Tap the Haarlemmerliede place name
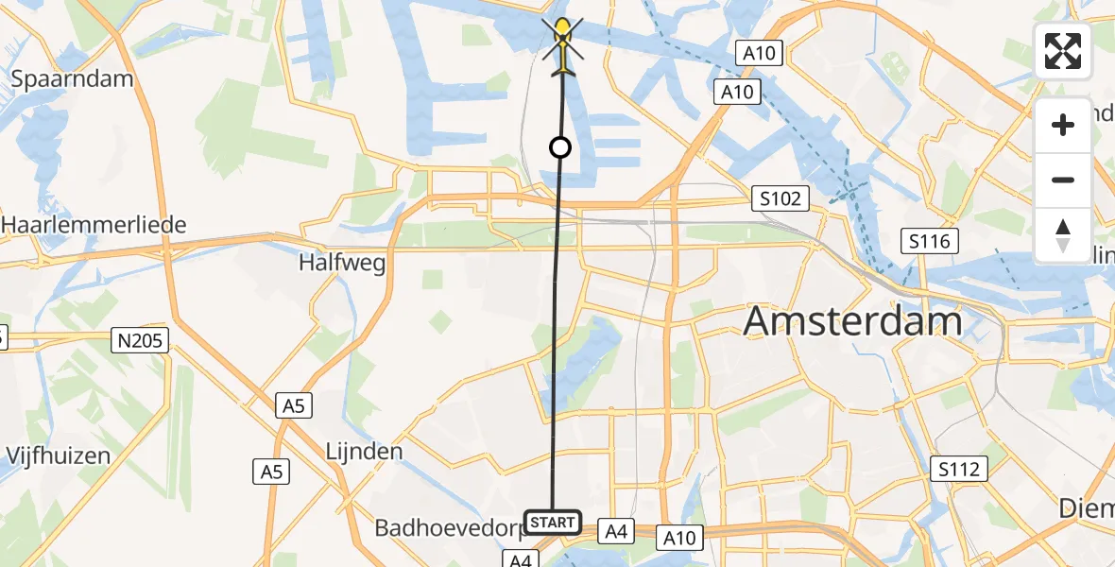pos(94,225)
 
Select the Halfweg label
pos(342,264)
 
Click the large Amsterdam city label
pos(852,321)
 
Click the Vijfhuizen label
pos(59,455)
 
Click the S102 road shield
pos(780,198)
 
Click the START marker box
pos(552,523)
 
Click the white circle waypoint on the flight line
pos(560,147)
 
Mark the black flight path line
pos(556,331)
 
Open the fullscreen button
pos(1063,51)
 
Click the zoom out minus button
pos(1063,180)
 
